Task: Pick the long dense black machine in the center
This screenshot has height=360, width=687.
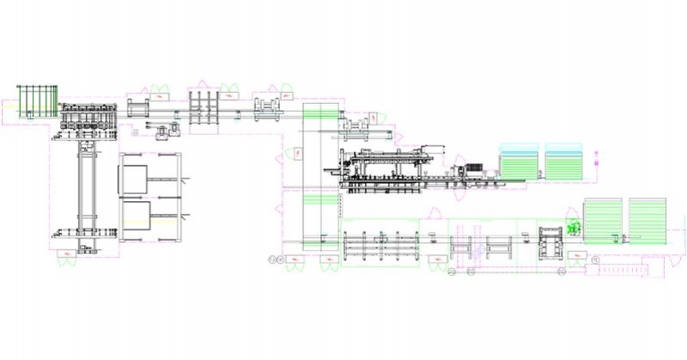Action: pyautogui.click(x=386, y=168)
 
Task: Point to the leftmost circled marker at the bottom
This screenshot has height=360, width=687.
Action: pyautogui.click(x=272, y=259)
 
